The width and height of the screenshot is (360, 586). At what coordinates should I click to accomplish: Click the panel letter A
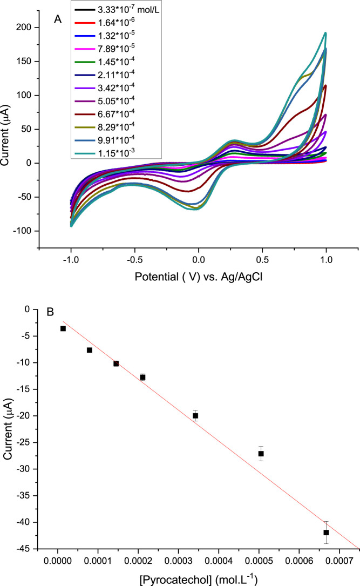point(58,19)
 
